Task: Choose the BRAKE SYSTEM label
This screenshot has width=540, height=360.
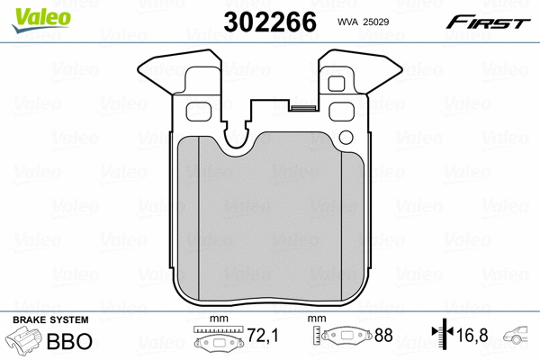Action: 49,321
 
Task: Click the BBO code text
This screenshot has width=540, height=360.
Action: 76,343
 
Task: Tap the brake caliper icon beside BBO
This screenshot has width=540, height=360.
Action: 27,343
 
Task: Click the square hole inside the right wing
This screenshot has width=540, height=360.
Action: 339,84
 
